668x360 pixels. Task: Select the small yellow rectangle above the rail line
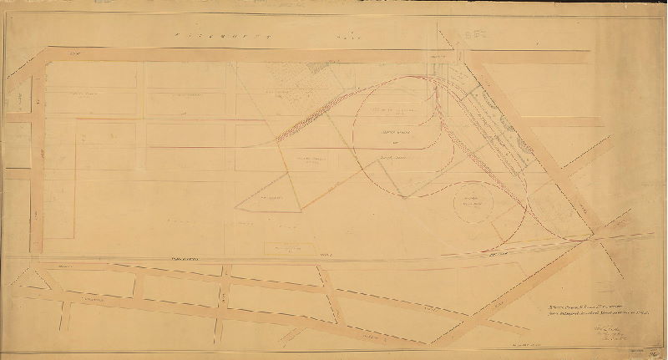coord(286,248)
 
